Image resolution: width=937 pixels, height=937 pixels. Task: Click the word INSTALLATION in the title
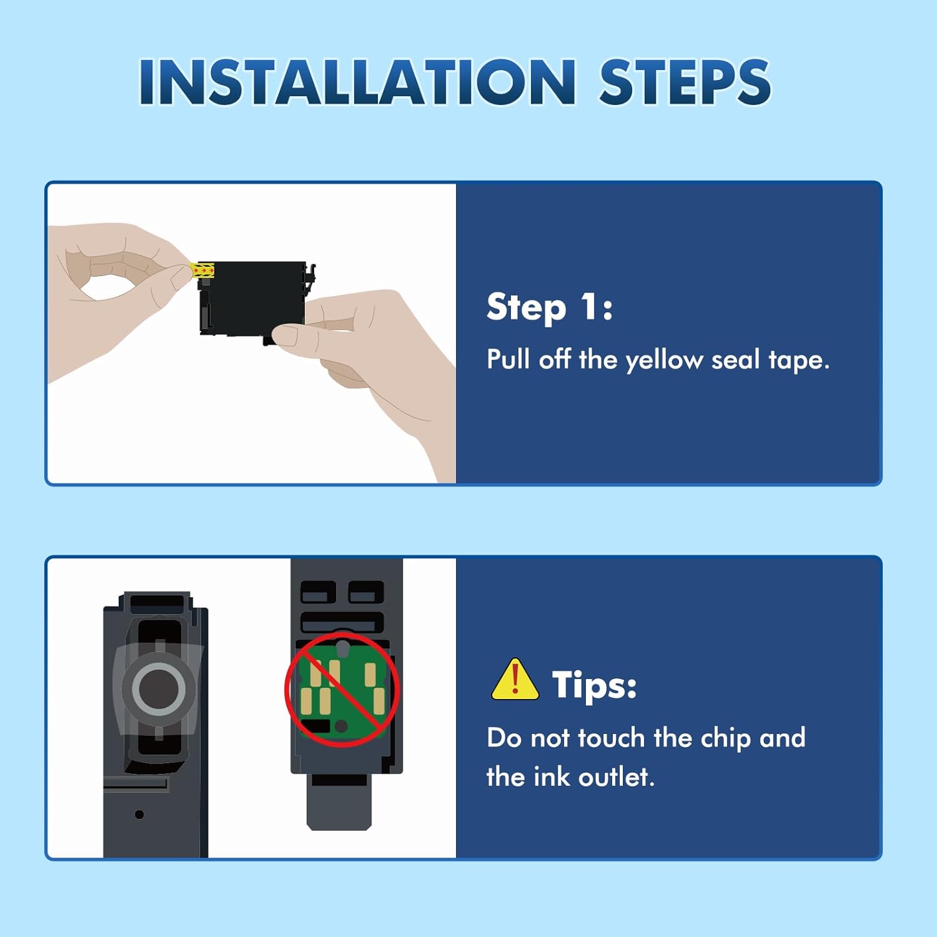point(357,82)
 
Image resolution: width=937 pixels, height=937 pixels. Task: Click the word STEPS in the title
point(685,82)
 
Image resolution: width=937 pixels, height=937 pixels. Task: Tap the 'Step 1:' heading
point(550,307)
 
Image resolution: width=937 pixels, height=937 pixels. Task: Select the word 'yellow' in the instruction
point(664,361)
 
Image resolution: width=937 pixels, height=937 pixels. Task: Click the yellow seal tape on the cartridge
point(203,270)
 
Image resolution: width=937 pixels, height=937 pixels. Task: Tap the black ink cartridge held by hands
point(254,299)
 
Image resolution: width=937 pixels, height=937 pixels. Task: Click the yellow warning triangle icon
point(515,680)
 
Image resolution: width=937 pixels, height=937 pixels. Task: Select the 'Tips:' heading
point(594,685)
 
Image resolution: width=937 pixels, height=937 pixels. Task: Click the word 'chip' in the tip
point(725,739)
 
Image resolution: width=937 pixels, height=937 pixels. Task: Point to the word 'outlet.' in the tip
point(617,777)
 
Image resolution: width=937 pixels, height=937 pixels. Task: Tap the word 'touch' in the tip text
point(611,738)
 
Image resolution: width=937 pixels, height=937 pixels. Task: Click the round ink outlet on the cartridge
point(158,688)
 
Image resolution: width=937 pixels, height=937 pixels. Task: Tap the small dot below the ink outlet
point(139,814)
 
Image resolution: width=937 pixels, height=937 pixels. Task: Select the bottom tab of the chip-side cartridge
point(339,806)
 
